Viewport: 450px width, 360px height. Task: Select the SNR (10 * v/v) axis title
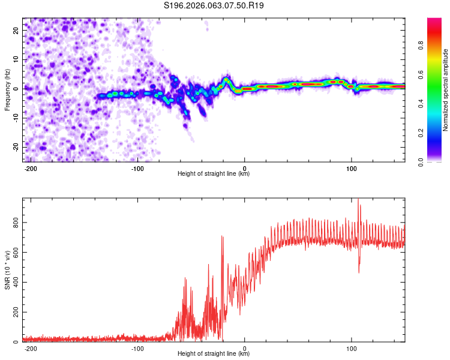(x=7, y=270)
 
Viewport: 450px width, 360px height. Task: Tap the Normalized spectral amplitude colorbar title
(x=446, y=90)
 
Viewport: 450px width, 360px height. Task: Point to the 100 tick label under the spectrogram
(x=352, y=168)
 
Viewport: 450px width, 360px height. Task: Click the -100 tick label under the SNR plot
(x=137, y=348)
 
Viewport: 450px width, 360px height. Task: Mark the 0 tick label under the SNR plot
(x=245, y=348)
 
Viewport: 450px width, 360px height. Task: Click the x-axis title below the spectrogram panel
(x=214, y=174)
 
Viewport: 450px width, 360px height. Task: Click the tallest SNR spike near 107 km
(x=359, y=200)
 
